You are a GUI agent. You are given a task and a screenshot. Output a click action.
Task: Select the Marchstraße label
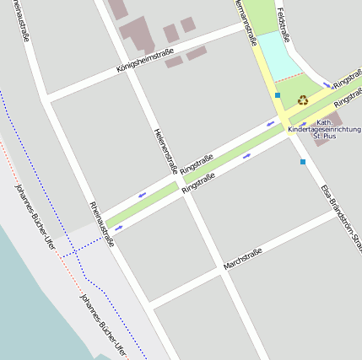tap(243, 259)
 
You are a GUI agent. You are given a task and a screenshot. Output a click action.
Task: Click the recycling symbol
tap(302, 99)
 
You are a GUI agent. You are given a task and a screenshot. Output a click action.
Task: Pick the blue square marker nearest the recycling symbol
tap(277, 96)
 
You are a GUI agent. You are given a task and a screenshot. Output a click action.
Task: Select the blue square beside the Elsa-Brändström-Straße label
tap(302, 162)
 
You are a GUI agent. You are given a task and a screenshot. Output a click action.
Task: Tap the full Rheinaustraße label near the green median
tap(101, 223)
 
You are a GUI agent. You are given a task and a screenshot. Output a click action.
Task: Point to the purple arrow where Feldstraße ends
tap(327, 84)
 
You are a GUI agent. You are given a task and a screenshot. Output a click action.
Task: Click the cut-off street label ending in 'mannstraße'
tap(246, 21)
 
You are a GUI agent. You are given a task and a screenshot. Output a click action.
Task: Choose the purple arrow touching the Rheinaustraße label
tap(118, 229)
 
